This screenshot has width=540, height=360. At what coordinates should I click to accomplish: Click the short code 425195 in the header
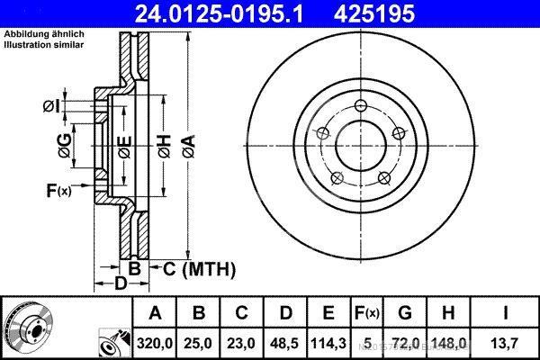point(390,14)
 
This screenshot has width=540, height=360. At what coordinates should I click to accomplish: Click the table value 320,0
point(155,342)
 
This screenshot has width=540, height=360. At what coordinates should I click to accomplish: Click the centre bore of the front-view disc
point(357,142)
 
